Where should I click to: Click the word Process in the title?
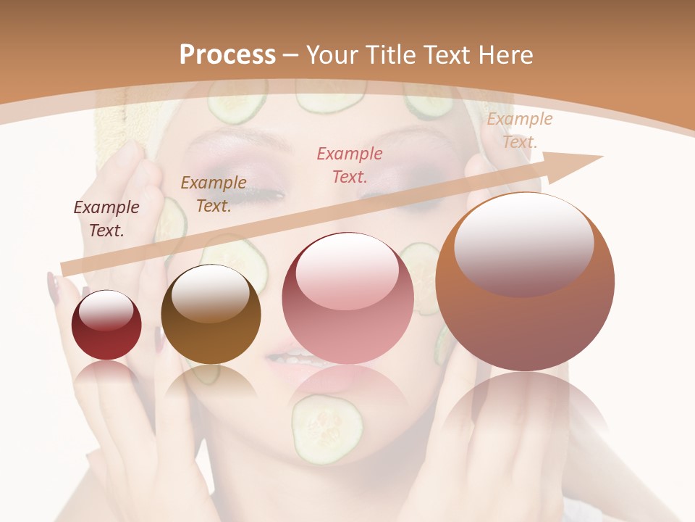[227, 55]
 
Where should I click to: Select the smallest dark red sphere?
[106, 325]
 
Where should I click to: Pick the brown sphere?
[211, 315]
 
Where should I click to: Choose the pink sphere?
[347, 299]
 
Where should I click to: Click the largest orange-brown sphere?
[525, 283]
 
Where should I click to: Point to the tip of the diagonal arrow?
[601, 157]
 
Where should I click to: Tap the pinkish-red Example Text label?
[350, 165]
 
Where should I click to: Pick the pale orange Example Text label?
[519, 130]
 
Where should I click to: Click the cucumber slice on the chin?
[327, 428]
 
